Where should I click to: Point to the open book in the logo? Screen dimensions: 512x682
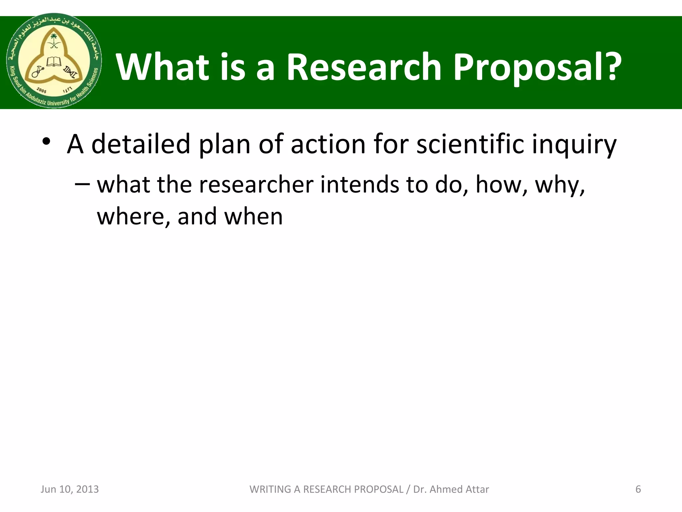click(54, 62)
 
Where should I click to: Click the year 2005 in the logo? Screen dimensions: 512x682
click(42, 90)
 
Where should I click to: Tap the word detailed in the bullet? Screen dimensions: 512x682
click(141, 144)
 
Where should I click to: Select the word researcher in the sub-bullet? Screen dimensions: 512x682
click(256, 185)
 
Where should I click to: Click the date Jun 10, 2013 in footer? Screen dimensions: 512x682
click(70, 489)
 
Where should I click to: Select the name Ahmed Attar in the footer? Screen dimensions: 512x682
click(459, 489)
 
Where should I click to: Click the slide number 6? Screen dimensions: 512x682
click(638, 489)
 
